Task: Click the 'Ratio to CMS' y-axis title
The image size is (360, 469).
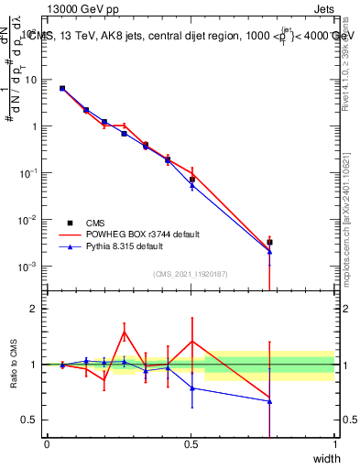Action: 14,364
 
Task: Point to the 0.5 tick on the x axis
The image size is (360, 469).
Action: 191,443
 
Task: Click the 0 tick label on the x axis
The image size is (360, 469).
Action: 47,443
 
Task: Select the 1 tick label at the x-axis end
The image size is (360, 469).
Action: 335,443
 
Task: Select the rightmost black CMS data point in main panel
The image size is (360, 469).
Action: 269,243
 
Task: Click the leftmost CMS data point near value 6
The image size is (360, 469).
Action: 62,88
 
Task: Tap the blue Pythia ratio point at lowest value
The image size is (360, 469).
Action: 269,400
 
